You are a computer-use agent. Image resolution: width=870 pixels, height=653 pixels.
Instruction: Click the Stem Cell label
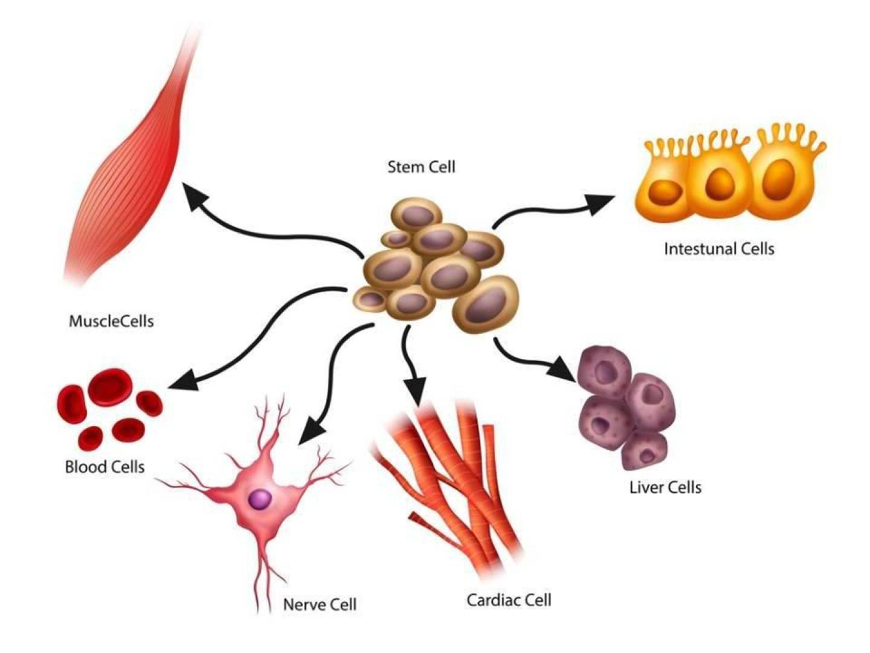421,166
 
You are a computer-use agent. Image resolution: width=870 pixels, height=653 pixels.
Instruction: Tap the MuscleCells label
111,320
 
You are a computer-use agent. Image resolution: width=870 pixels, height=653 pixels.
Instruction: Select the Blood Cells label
105,467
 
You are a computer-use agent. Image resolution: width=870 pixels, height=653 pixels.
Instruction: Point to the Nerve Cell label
320,604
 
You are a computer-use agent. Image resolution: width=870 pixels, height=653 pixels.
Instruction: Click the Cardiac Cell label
509,600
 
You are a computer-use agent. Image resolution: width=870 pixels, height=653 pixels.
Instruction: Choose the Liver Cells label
665,487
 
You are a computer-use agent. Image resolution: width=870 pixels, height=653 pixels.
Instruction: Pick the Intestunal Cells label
719,249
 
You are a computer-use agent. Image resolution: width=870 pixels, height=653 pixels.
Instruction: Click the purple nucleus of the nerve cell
260,499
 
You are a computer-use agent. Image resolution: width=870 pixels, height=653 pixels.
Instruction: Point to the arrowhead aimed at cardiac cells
415,390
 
